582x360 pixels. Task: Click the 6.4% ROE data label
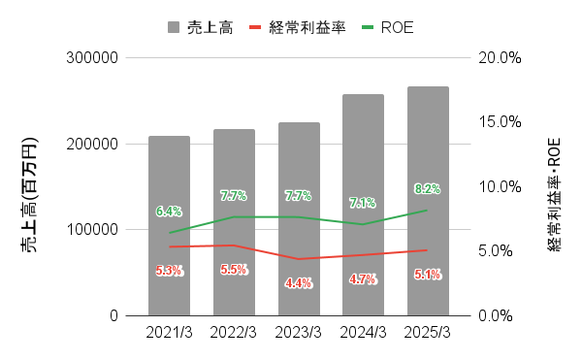pyautogui.click(x=169, y=211)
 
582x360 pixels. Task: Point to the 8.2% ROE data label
pyautogui.click(x=428, y=188)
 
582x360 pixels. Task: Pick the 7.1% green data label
pyautogui.click(x=363, y=203)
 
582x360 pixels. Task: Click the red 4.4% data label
pyautogui.click(x=299, y=283)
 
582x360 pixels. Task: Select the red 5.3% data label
pyautogui.click(x=169, y=271)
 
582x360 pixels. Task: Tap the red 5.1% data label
pyautogui.click(x=428, y=275)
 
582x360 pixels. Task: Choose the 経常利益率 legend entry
pyautogui.click(x=306, y=27)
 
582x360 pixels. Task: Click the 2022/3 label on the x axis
pyautogui.click(x=234, y=332)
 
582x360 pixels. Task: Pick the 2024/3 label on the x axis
pyautogui.click(x=363, y=332)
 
